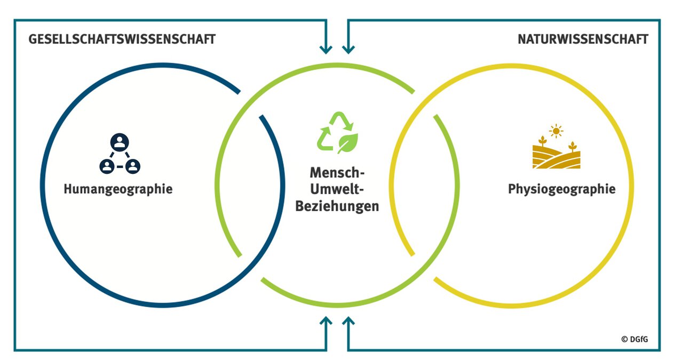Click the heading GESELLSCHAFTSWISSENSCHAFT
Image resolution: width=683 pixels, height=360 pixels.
pyautogui.click(x=122, y=39)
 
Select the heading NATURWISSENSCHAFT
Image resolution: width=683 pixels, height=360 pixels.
pyautogui.click(x=583, y=39)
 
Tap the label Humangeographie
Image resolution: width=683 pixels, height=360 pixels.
pyautogui.click(x=118, y=189)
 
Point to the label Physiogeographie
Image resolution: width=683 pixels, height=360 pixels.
pyautogui.click(x=561, y=189)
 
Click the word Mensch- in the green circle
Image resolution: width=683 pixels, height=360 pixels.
pyautogui.click(x=337, y=174)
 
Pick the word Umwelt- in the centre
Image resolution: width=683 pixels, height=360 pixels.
pyautogui.click(x=337, y=190)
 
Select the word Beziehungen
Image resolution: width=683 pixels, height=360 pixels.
pyautogui.click(x=337, y=206)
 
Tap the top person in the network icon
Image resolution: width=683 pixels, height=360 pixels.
pyautogui.click(x=120, y=142)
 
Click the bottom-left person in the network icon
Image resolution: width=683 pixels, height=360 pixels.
pyautogui.click(x=107, y=166)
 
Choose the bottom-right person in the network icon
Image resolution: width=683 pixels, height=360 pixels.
pyautogui.click(x=132, y=166)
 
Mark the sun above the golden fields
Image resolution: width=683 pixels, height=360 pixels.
pyautogui.click(x=556, y=130)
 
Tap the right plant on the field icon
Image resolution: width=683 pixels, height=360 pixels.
pyautogui.click(x=573, y=146)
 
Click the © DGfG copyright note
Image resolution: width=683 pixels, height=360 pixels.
pyautogui.click(x=634, y=339)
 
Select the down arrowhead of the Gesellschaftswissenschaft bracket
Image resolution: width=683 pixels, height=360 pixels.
pyautogui.click(x=325, y=50)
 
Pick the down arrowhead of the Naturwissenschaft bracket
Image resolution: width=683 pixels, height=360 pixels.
pyautogui.click(x=348, y=50)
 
